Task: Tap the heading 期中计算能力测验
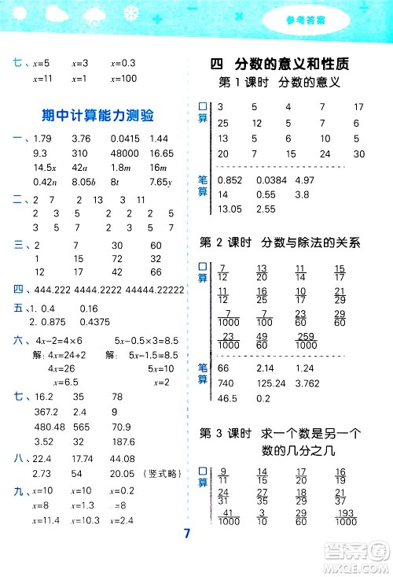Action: point(97,116)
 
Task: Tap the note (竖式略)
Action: point(161,473)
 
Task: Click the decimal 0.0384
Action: point(272,181)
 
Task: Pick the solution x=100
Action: point(124,79)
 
